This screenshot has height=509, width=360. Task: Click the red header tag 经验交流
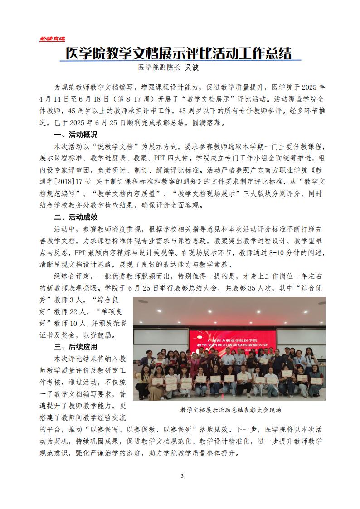[53, 39]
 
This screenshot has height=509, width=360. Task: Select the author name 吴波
[190, 68]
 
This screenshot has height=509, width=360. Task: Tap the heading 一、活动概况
[75, 135]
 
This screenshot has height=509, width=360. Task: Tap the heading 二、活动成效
[75, 217]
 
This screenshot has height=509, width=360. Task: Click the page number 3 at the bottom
[182, 476]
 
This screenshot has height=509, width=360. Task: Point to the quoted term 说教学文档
[112, 146]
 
